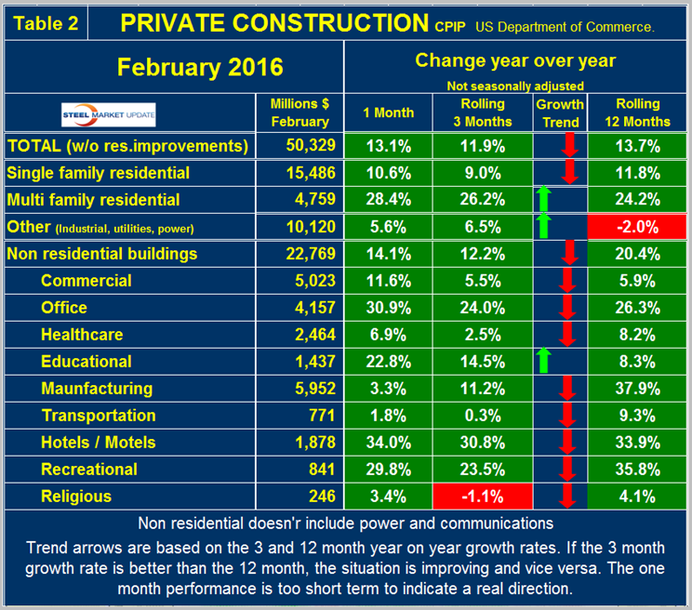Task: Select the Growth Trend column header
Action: click(560, 113)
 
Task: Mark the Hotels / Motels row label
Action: click(99, 442)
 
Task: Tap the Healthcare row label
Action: click(84, 334)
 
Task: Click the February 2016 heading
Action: click(173, 67)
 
